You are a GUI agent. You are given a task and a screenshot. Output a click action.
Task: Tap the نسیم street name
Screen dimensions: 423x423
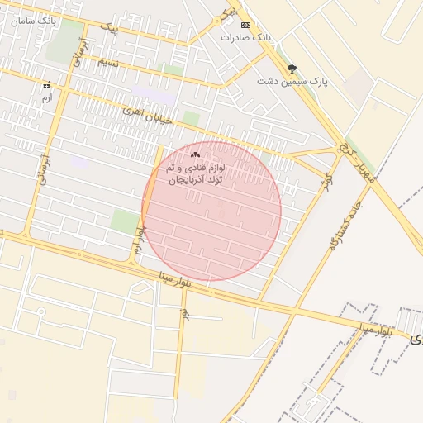tap(107, 63)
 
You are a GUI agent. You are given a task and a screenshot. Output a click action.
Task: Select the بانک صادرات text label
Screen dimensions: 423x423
tap(245, 38)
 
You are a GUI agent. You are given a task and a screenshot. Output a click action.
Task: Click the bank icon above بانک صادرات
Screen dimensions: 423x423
tap(245, 26)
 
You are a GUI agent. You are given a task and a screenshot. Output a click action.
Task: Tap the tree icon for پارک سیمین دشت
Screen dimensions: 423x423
tap(291, 69)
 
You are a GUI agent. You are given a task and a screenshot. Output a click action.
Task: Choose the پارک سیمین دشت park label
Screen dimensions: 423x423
tap(288, 81)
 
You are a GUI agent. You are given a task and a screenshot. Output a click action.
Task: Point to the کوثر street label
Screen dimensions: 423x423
tap(329, 178)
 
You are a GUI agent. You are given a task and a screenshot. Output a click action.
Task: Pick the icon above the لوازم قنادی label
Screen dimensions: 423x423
tap(196, 154)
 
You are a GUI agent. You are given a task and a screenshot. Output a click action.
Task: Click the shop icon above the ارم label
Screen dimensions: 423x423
tap(46, 84)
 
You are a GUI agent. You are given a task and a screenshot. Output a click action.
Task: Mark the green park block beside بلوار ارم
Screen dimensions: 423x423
tap(126, 221)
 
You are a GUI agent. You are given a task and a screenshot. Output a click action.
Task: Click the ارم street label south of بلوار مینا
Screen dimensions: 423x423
tap(184, 312)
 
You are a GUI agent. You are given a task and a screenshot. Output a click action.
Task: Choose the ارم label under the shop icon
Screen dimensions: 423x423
tap(46, 97)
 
